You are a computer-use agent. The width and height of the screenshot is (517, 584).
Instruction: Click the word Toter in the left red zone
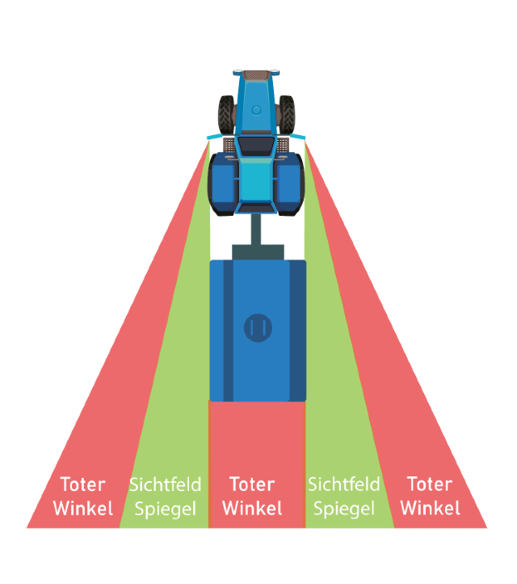point(82,485)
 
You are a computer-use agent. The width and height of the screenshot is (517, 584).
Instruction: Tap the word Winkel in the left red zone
point(82,508)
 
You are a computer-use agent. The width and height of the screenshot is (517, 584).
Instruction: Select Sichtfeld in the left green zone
point(165,485)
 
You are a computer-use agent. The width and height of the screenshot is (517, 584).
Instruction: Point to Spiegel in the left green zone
point(165,509)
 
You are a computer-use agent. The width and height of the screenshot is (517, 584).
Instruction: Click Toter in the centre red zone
point(252,485)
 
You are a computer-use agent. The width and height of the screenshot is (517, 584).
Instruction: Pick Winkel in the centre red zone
point(252,508)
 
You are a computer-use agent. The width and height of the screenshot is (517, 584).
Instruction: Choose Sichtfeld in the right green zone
point(343,485)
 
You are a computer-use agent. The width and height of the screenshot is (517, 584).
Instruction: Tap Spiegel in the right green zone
point(343,509)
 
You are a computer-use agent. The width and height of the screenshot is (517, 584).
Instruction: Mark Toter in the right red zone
point(430,485)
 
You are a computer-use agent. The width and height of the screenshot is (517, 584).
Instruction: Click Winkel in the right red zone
point(430,508)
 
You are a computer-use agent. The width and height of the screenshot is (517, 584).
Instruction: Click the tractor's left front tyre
point(225,112)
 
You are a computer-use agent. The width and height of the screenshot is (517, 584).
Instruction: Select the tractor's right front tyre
point(288,112)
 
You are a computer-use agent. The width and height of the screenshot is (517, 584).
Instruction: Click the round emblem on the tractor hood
point(256,109)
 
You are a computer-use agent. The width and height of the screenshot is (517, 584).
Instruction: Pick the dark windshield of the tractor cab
point(256,146)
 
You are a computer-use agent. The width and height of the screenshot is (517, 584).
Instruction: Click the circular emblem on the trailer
point(258,328)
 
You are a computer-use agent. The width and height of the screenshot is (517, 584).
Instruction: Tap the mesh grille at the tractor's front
point(257,74)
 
